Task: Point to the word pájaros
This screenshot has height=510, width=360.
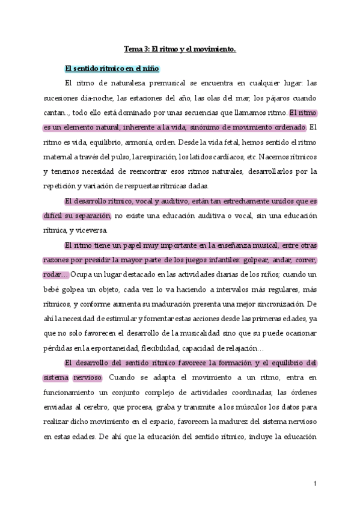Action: point(279,97)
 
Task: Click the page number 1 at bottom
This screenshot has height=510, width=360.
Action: point(315,484)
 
